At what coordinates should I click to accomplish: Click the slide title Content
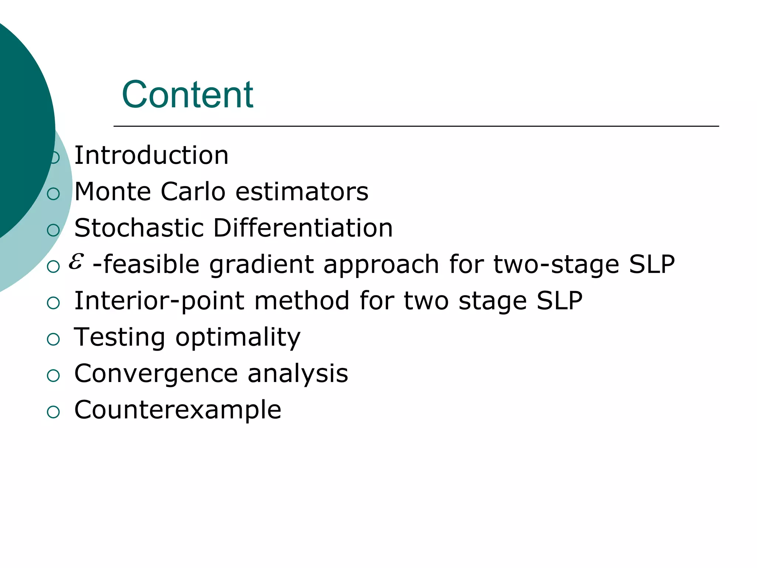click(x=187, y=95)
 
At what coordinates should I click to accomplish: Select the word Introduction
click(x=151, y=155)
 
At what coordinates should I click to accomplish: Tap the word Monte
click(x=113, y=192)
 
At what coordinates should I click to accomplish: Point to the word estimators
click(x=302, y=192)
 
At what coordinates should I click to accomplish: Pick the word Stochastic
click(x=139, y=228)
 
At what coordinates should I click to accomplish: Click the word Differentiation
click(x=303, y=228)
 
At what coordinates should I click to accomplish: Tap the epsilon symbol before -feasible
click(x=76, y=261)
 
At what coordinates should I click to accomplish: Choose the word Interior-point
click(x=159, y=301)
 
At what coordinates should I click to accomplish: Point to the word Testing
click(x=119, y=338)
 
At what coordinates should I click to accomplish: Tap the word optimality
click(x=238, y=338)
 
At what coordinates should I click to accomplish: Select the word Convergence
click(x=156, y=374)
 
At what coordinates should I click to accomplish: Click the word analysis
click(x=298, y=374)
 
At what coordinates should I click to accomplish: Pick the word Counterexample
click(x=178, y=410)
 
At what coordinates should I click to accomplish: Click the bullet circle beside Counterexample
click(x=54, y=412)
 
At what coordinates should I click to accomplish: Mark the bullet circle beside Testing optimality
click(x=54, y=339)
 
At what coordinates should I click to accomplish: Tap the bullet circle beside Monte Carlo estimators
click(x=54, y=194)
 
